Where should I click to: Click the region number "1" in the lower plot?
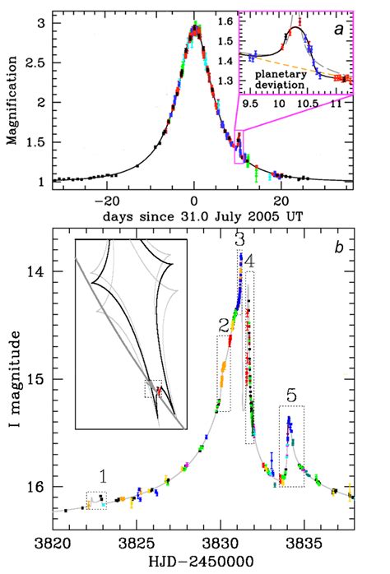(x=103, y=476)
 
